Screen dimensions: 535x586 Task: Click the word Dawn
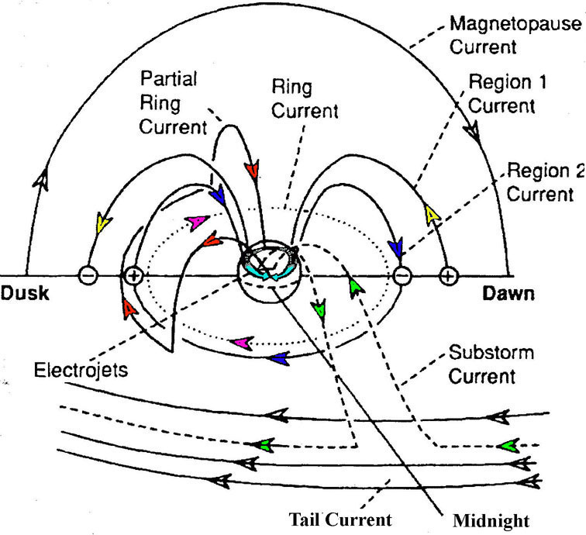(x=508, y=294)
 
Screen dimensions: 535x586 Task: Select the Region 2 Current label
(x=543, y=182)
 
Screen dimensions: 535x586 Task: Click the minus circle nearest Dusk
(x=89, y=275)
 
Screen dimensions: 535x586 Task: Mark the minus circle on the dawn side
(x=402, y=275)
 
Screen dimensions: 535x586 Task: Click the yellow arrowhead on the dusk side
(x=102, y=226)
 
